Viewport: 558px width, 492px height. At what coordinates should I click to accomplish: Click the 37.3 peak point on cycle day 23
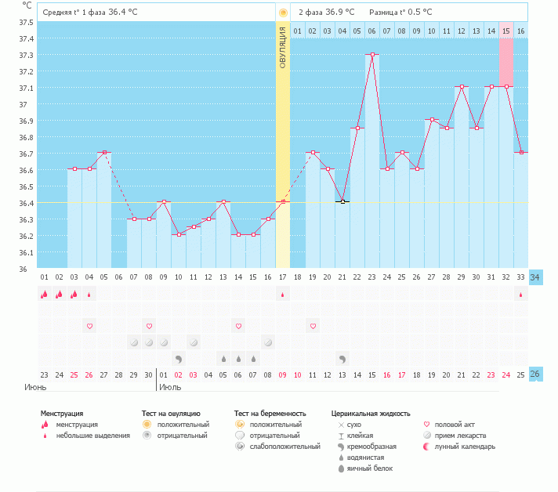372,54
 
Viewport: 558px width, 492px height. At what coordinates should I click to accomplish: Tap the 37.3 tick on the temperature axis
26,55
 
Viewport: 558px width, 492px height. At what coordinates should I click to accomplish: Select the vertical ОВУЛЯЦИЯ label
283,47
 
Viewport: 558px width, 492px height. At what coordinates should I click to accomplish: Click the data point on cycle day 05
104,152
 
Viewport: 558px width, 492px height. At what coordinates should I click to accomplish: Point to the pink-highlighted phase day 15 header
506,31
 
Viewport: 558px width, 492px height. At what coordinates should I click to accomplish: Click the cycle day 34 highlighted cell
535,277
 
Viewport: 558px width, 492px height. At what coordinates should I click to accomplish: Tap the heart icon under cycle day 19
313,326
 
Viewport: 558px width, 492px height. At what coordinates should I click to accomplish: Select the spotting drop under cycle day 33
520,295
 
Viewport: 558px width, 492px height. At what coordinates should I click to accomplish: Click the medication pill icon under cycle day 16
268,342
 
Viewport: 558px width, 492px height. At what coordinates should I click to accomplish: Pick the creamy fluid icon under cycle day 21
342,360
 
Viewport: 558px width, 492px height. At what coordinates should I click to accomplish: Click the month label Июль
170,387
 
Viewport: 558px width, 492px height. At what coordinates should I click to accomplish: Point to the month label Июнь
35,387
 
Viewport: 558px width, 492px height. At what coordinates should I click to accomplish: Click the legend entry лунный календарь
465,447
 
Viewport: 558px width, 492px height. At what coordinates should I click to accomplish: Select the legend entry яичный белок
370,468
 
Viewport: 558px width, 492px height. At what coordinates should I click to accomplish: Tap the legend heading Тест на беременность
270,414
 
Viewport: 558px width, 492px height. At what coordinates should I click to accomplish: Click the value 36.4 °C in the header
123,12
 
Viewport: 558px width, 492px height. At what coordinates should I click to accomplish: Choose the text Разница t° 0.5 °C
400,12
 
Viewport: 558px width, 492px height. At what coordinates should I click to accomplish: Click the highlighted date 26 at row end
535,374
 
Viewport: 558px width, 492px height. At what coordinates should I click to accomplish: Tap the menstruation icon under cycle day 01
45,295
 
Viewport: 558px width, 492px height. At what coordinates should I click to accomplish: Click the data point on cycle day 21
342,201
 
